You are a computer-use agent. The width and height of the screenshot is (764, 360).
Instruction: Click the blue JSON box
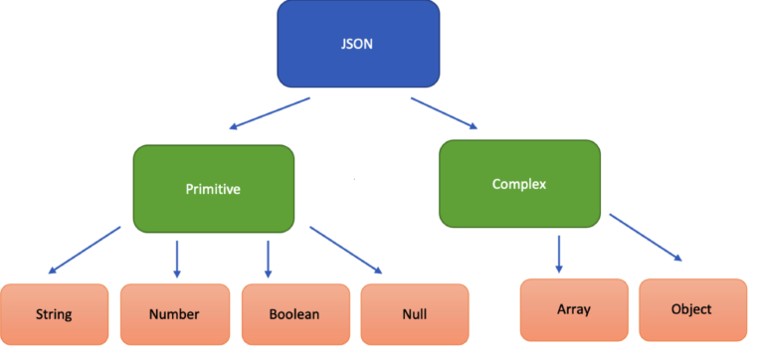coord(358,45)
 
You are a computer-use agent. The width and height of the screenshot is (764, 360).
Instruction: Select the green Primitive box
coord(213,189)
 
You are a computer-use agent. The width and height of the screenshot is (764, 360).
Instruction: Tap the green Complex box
coord(519,183)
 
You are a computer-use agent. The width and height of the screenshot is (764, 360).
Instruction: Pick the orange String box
coord(54,314)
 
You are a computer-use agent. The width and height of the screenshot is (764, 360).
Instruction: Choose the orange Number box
coord(174,314)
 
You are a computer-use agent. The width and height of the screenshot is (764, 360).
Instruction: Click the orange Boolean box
coord(294,314)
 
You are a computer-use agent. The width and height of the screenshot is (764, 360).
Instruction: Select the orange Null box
coord(414,314)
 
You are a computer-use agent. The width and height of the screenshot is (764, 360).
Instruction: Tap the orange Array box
coord(574,309)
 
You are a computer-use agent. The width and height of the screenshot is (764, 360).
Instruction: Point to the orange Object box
coord(691,309)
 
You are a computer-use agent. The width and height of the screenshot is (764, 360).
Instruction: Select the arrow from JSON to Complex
coord(444,112)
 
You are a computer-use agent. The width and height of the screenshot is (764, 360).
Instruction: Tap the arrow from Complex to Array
coord(558,253)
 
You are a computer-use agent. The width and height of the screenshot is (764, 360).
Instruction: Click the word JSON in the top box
coord(358,45)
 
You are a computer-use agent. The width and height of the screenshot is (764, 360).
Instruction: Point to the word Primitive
coord(212,189)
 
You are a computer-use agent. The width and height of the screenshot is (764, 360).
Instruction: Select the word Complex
coord(518,183)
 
